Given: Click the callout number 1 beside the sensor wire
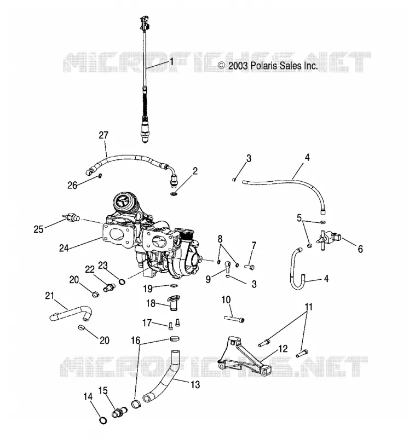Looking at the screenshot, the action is (x=171, y=62).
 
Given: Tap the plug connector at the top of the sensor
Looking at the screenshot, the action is (x=145, y=24).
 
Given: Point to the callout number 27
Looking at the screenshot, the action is (x=103, y=135).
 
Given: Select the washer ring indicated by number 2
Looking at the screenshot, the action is (x=174, y=194).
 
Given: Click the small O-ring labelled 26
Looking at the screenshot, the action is (x=100, y=176).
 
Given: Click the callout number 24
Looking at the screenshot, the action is (x=64, y=248).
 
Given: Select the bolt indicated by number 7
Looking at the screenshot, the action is (x=250, y=267).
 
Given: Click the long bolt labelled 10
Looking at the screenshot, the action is (x=234, y=319).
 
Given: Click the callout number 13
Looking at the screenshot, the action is (x=195, y=384).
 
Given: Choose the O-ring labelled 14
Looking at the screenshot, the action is (x=103, y=420).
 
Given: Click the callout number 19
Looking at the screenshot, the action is (x=148, y=289).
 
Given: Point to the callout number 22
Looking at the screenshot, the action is (x=90, y=269).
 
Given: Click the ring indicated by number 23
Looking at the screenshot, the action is (x=122, y=281).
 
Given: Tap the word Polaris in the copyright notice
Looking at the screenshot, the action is (x=264, y=66).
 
